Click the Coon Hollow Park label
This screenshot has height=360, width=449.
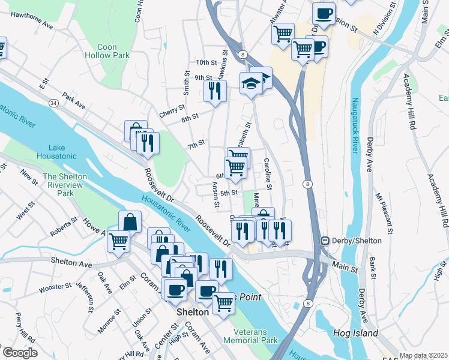coord(113,51)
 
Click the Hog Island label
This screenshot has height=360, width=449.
coord(357,333)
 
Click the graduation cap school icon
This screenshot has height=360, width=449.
coord(250,83)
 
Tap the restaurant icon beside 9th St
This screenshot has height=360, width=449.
coord(214,91)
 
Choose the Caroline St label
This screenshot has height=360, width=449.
coord(268,175)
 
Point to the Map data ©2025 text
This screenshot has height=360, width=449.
coord(423,355)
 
